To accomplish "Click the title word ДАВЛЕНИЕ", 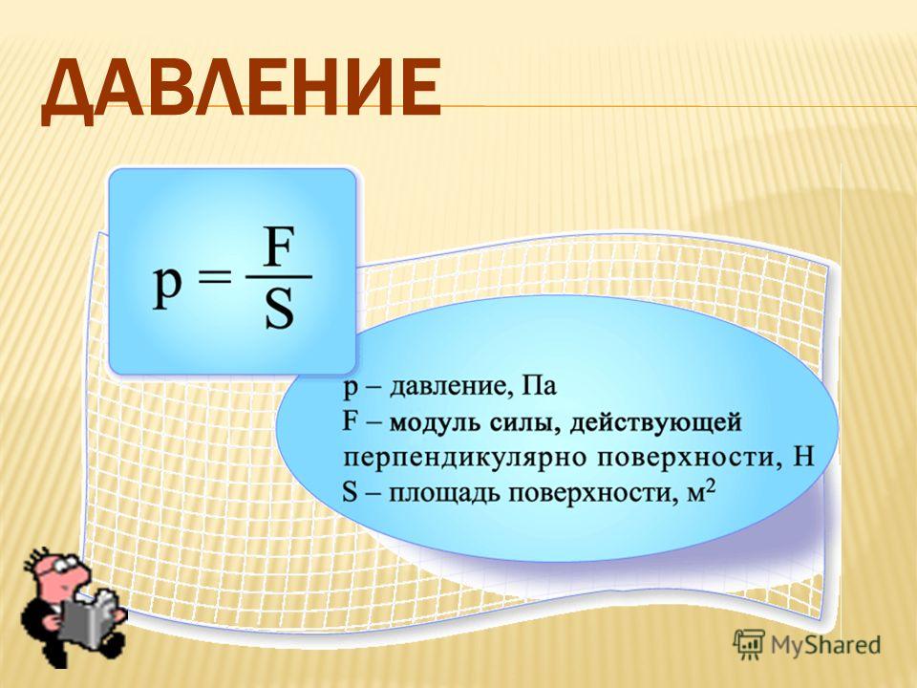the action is click(x=241, y=89).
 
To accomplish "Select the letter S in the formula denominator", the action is click(x=279, y=310).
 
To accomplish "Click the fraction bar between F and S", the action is click(x=279, y=277).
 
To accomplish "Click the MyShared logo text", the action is click(x=825, y=645).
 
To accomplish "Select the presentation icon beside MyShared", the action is click(x=749, y=644).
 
